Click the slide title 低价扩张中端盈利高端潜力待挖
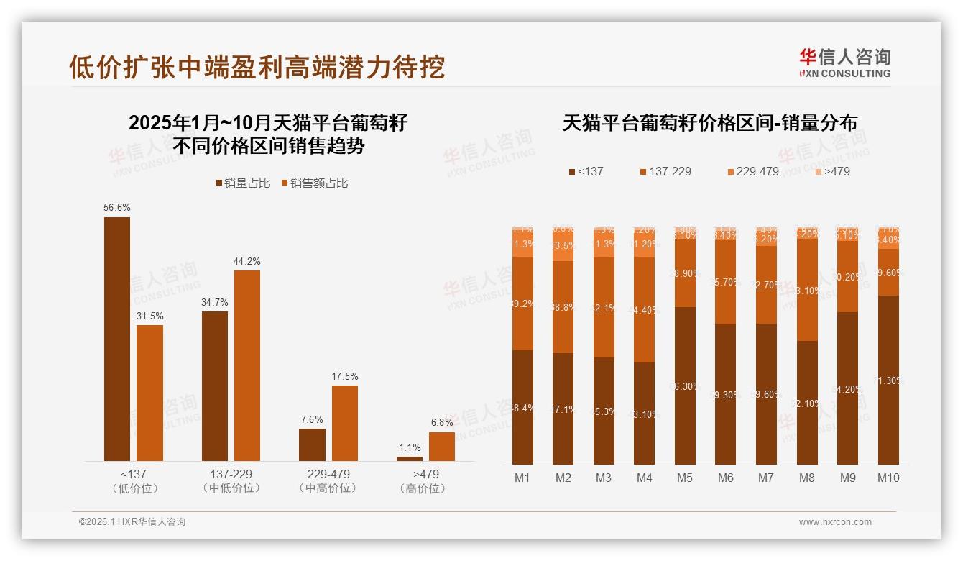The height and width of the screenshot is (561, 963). (257, 67)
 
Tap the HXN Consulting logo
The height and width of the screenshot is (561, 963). (844, 63)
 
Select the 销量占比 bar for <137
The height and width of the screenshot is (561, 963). (117, 338)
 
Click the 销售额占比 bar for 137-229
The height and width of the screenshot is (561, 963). (246, 365)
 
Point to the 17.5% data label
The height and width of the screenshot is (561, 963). (345, 377)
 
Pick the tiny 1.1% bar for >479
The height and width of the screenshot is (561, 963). (410, 458)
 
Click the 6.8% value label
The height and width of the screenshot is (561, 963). (441, 423)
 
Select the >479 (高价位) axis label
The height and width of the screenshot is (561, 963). (425, 481)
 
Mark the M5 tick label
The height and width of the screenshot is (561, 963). (685, 478)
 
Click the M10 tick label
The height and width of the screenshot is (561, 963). (888, 478)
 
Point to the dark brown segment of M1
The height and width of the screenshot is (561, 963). (522, 407)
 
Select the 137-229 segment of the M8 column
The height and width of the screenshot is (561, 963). (807, 289)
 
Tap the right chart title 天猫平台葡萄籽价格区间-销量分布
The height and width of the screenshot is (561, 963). (709, 123)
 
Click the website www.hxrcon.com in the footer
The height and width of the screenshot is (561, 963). (835, 522)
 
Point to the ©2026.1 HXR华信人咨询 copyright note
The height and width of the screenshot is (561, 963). (132, 522)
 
